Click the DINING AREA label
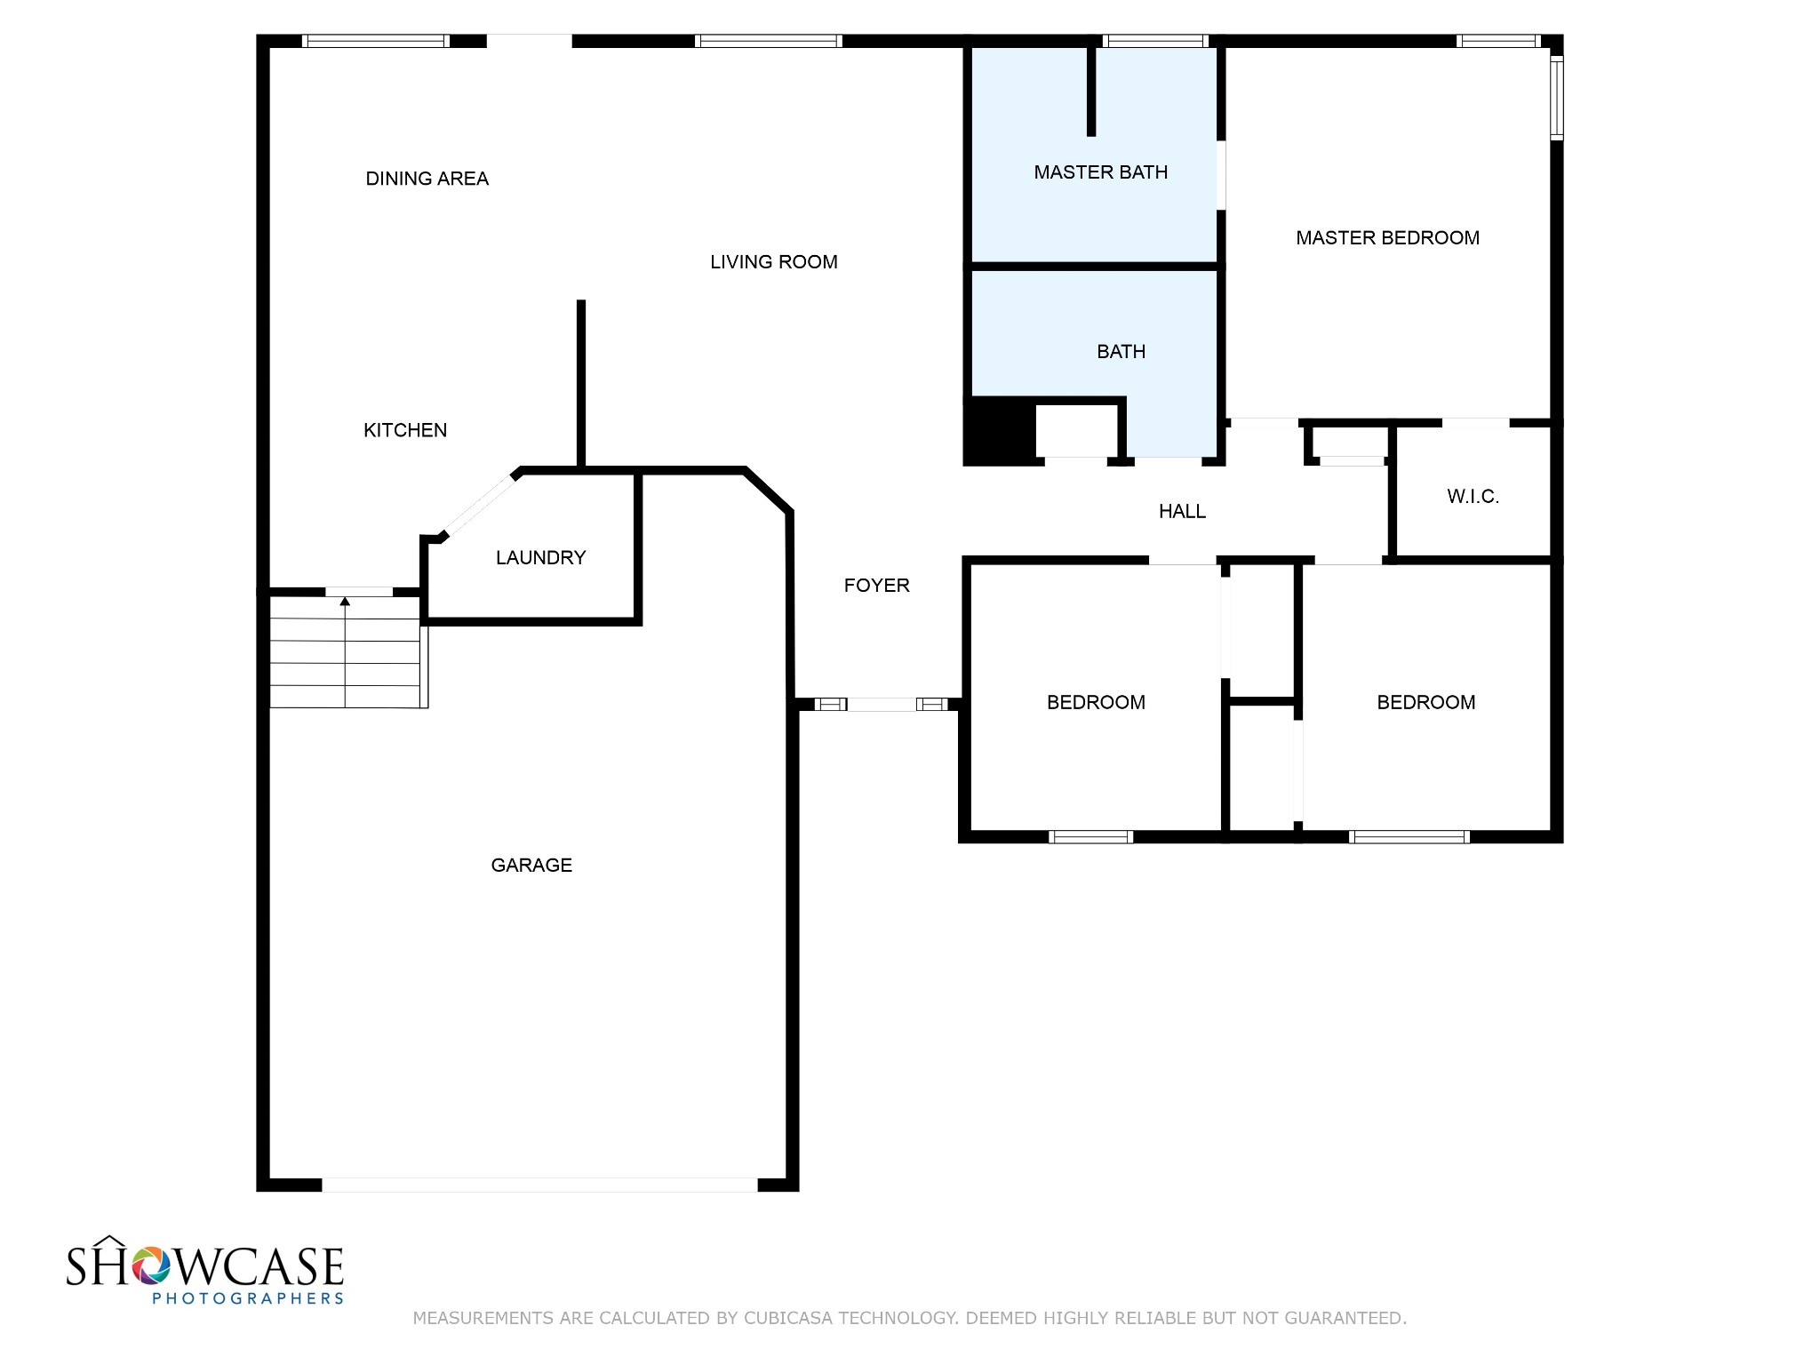click(x=427, y=179)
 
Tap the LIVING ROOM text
click(x=773, y=262)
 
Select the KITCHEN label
click(x=405, y=430)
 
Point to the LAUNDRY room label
click(x=540, y=557)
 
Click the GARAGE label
click(x=531, y=866)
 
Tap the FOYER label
click(x=876, y=586)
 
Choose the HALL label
click(x=1182, y=511)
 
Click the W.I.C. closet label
click(x=1473, y=497)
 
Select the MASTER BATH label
click(x=1100, y=172)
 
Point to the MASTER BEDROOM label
click(x=1387, y=238)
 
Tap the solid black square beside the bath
click(x=1000, y=432)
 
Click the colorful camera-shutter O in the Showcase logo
click(x=151, y=1265)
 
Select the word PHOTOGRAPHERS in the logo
click(x=248, y=1298)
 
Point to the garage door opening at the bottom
click(x=539, y=1185)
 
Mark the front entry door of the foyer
click(x=882, y=705)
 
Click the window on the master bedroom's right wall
click(x=1557, y=98)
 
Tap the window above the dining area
click(x=375, y=41)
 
